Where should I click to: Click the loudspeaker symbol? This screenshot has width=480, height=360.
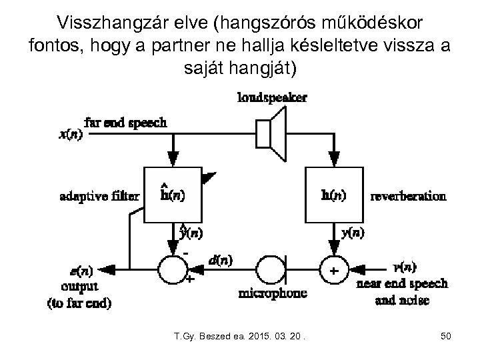coord(271,133)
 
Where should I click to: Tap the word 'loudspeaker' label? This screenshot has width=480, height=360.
coord(272,98)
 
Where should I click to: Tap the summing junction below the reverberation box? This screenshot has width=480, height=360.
coord(335,271)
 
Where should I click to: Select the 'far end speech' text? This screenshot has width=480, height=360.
coord(125,123)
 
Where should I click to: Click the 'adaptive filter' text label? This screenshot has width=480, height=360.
coord(99,196)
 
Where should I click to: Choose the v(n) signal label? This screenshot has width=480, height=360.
coord(404,267)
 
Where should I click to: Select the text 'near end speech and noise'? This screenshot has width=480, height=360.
coord(402,292)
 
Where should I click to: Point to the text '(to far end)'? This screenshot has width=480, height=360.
coord(79,304)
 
